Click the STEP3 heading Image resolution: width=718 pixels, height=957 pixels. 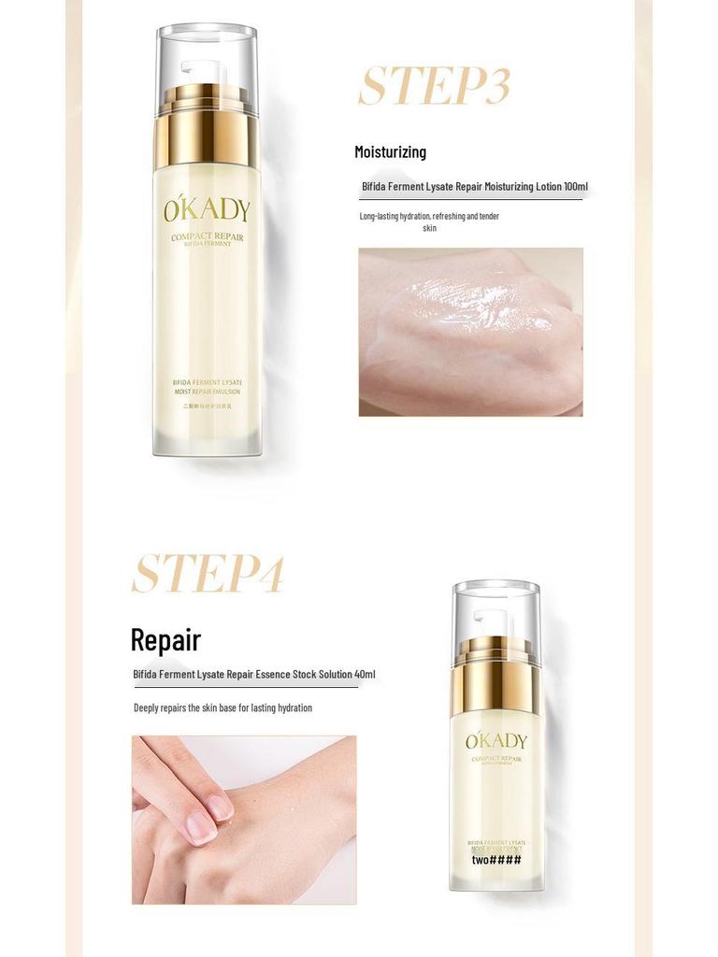434,87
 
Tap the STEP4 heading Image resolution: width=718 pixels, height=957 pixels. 207,574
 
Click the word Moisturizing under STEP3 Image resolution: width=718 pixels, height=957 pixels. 390,151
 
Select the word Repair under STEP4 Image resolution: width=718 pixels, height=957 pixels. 165,640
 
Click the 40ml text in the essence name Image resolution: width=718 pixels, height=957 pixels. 365,674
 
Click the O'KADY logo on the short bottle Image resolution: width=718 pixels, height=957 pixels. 496,741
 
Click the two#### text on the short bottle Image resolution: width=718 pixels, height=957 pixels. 496,860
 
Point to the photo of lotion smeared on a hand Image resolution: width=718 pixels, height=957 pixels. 470,332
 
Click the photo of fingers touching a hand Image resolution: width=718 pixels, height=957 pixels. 243,820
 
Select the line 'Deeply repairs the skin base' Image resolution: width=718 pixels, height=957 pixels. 223,707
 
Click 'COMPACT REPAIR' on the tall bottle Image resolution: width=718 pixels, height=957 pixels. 207,236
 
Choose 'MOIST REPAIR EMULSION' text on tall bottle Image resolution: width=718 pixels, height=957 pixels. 207,393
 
